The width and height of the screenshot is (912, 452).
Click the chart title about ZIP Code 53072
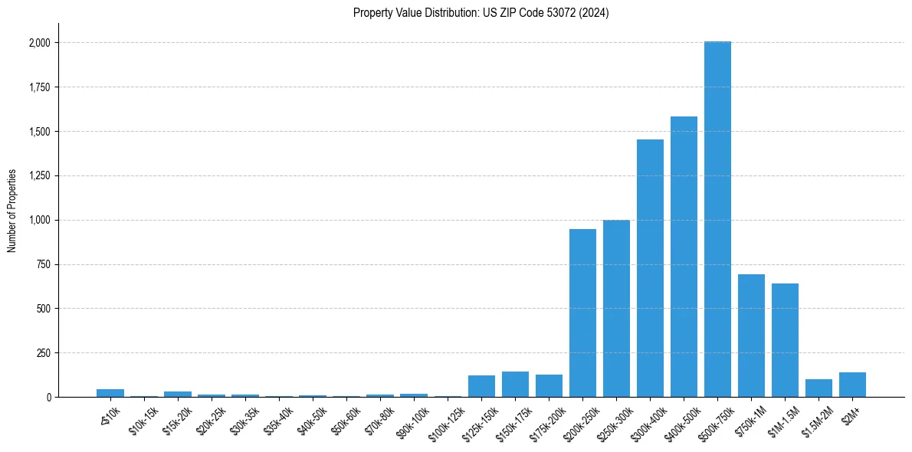[x=481, y=13]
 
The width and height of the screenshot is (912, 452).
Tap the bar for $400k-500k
[x=684, y=257]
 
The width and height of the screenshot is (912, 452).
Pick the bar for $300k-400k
[x=650, y=268]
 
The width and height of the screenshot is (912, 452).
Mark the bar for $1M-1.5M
[x=785, y=340]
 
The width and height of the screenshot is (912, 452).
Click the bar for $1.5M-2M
[x=819, y=388]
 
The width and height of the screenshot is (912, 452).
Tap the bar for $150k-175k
[x=515, y=384]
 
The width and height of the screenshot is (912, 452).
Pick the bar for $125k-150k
[x=481, y=386]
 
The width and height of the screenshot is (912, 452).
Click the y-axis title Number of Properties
[x=12, y=211]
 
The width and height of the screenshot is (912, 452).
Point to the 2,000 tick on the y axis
[x=40, y=43]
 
